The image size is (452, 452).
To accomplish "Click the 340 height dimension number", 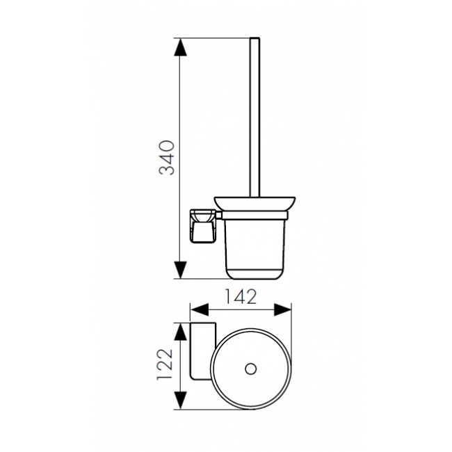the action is (168, 158).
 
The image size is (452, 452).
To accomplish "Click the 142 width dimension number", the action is (241, 297).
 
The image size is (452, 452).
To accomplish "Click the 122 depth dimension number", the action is (166, 365).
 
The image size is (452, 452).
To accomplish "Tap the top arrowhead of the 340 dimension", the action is (180, 47).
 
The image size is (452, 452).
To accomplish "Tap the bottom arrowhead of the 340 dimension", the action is (180, 270).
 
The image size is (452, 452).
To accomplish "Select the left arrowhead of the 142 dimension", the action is (200, 310).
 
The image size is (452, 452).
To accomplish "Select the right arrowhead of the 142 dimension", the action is (282, 310).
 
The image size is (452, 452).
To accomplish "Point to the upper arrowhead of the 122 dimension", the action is (180, 332).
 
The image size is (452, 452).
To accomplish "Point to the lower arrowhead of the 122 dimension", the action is (180, 400).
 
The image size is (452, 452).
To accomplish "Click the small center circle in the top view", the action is (250, 369).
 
